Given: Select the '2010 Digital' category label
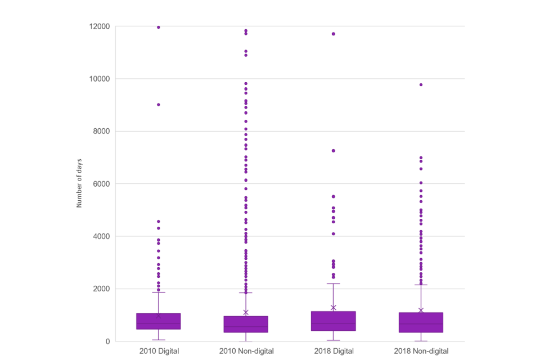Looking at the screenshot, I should (159, 352).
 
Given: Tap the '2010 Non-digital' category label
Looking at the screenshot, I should (246, 352).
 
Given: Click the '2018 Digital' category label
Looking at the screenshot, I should (334, 352).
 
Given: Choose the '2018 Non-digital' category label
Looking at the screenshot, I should (421, 352).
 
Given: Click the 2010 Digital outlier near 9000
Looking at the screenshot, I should (159, 105).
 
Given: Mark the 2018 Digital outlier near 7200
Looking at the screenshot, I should (334, 151).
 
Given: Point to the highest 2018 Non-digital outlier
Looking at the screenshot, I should (421, 85).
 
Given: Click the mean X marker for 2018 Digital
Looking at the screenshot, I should (334, 308).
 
